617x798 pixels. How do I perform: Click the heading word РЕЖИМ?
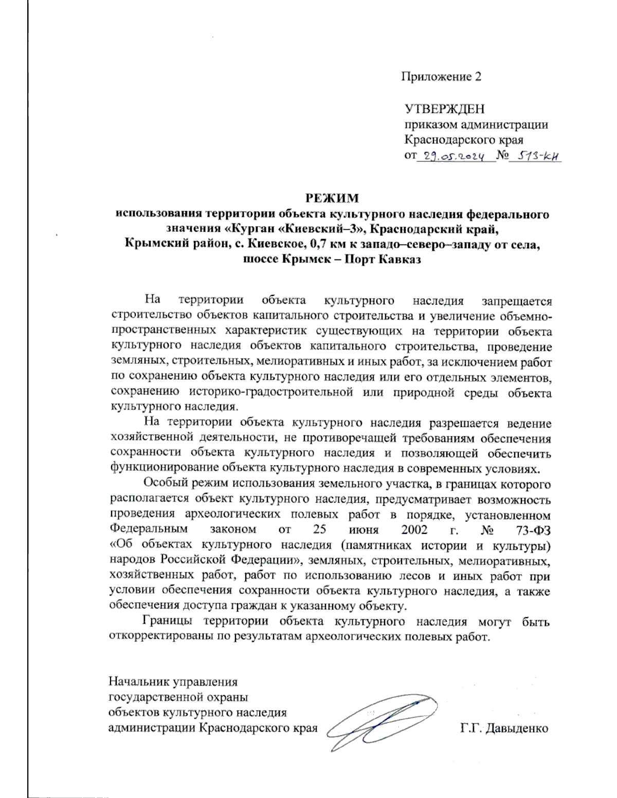332,198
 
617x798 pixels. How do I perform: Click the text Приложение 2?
441,77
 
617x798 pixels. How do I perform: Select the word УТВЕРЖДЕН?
444,109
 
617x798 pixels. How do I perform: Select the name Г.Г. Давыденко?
504,728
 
